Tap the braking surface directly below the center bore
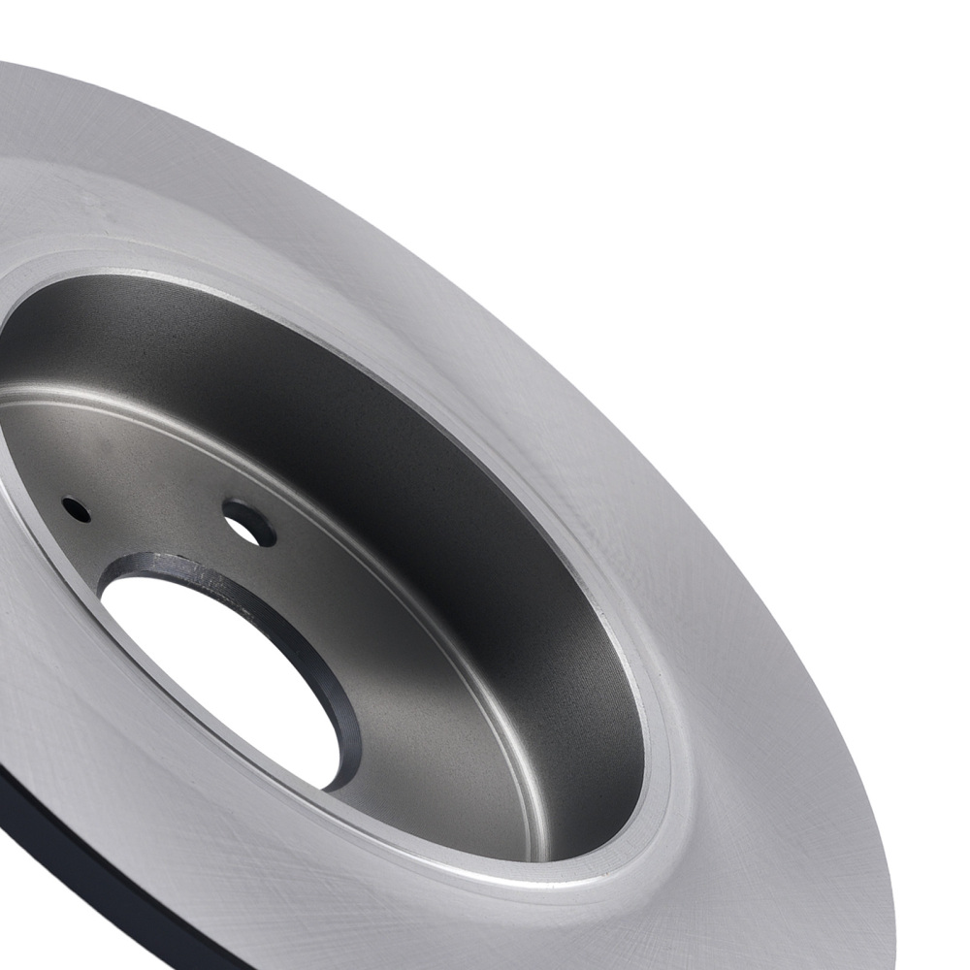242,873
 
